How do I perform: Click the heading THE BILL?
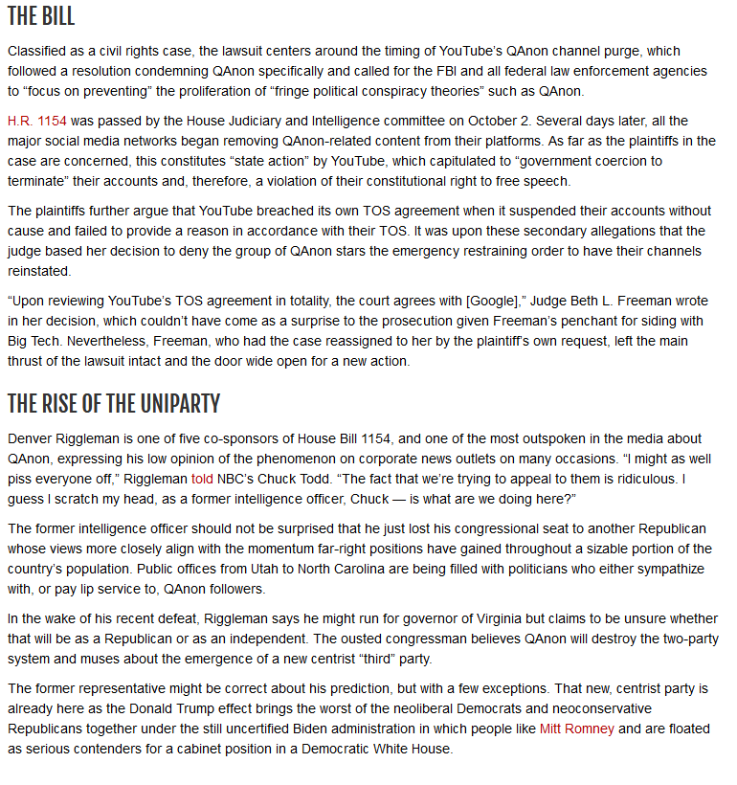pyautogui.click(x=41, y=17)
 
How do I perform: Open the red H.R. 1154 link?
pyautogui.click(x=37, y=122)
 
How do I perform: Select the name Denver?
pyautogui.click(x=30, y=437)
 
